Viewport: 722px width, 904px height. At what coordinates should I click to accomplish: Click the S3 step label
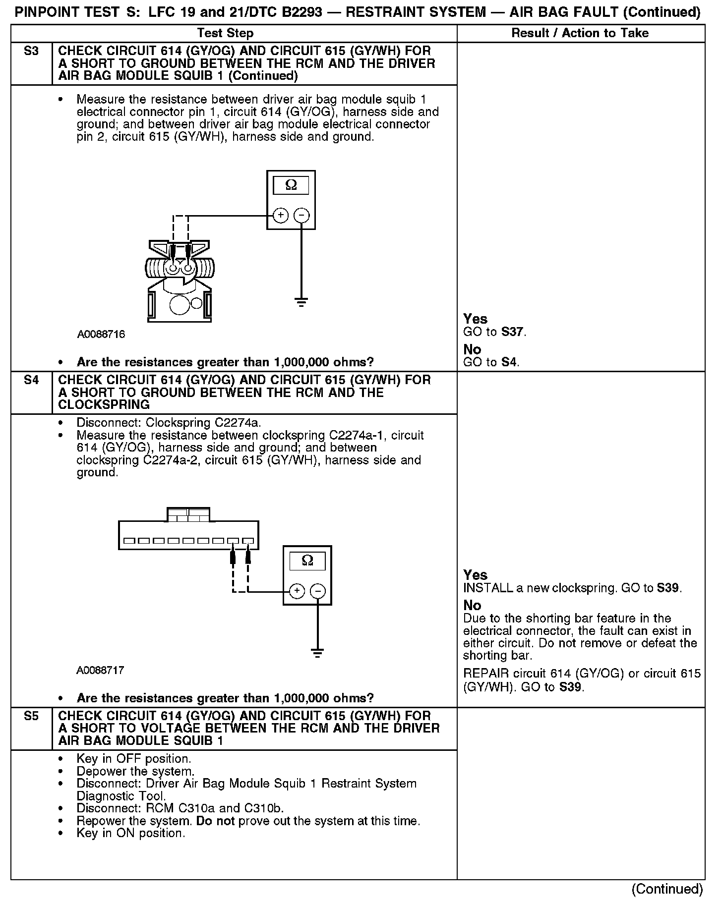pyautogui.click(x=31, y=51)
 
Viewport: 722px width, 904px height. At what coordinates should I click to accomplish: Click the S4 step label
pyautogui.click(x=31, y=380)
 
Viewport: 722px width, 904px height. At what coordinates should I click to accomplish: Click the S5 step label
pyautogui.click(x=31, y=716)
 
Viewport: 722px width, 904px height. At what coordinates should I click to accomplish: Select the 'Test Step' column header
pyautogui.click(x=225, y=33)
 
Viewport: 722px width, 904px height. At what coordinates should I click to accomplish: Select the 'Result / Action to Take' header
pyautogui.click(x=580, y=33)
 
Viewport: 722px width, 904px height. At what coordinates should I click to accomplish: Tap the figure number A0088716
pyautogui.click(x=101, y=334)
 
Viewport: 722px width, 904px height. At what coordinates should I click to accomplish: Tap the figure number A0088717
pyautogui.click(x=100, y=671)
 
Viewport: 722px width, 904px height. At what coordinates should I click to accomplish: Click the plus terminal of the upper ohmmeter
pyautogui.click(x=281, y=215)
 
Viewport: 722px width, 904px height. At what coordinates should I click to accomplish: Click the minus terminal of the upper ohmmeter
pyautogui.click(x=301, y=215)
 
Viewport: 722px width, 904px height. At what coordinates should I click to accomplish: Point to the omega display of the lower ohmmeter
pyautogui.click(x=307, y=561)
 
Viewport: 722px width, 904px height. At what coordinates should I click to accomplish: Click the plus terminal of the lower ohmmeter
pyautogui.click(x=297, y=591)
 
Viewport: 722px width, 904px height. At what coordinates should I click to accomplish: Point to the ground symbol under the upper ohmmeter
pyautogui.click(x=301, y=301)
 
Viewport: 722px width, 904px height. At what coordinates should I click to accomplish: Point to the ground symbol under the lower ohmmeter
pyautogui.click(x=318, y=653)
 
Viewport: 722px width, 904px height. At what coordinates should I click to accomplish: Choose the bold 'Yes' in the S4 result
pyautogui.click(x=475, y=575)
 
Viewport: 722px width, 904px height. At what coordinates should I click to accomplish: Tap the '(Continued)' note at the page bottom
pyautogui.click(x=667, y=889)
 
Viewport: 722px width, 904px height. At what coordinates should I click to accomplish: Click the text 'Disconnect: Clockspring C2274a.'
pyautogui.click(x=169, y=423)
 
